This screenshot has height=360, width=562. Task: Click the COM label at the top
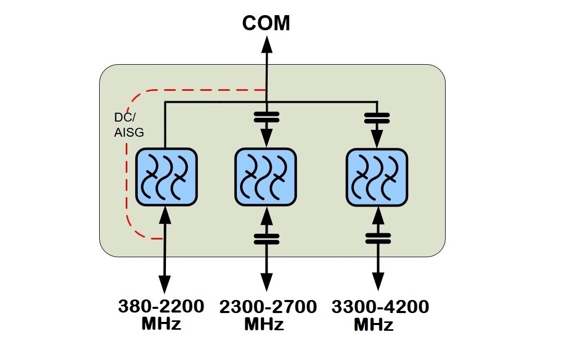coord(266,23)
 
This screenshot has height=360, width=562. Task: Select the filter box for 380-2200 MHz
coord(166,176)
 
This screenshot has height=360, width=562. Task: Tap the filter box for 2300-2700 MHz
coord(266,176)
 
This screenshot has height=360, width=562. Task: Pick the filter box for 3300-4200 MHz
coord(377,176)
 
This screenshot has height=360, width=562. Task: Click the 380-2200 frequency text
coord(161,307)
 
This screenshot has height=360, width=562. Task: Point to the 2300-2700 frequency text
coord(268,307)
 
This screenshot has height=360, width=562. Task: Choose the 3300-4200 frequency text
coord(380,307)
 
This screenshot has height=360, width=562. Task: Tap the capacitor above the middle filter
coord(266,117)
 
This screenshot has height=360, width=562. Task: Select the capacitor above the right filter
coord(377,117)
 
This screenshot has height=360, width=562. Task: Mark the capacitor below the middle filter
coord(267,238)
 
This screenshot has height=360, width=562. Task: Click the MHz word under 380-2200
coord(161,323)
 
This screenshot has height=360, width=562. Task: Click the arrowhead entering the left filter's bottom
coord(165,212)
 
